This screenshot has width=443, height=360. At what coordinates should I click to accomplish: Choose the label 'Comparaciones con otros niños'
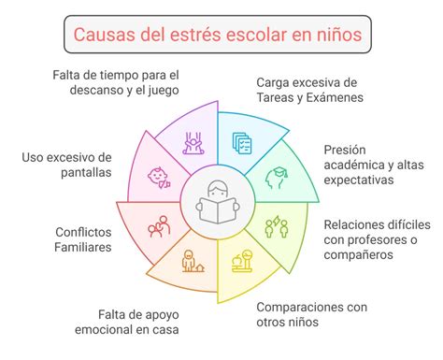tap(313, 314)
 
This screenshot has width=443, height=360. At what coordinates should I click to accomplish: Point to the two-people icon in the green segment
tap(278, 226)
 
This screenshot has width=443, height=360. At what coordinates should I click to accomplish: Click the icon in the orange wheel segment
tap(193, 261)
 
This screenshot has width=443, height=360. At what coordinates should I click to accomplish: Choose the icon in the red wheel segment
tap(159, 226)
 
